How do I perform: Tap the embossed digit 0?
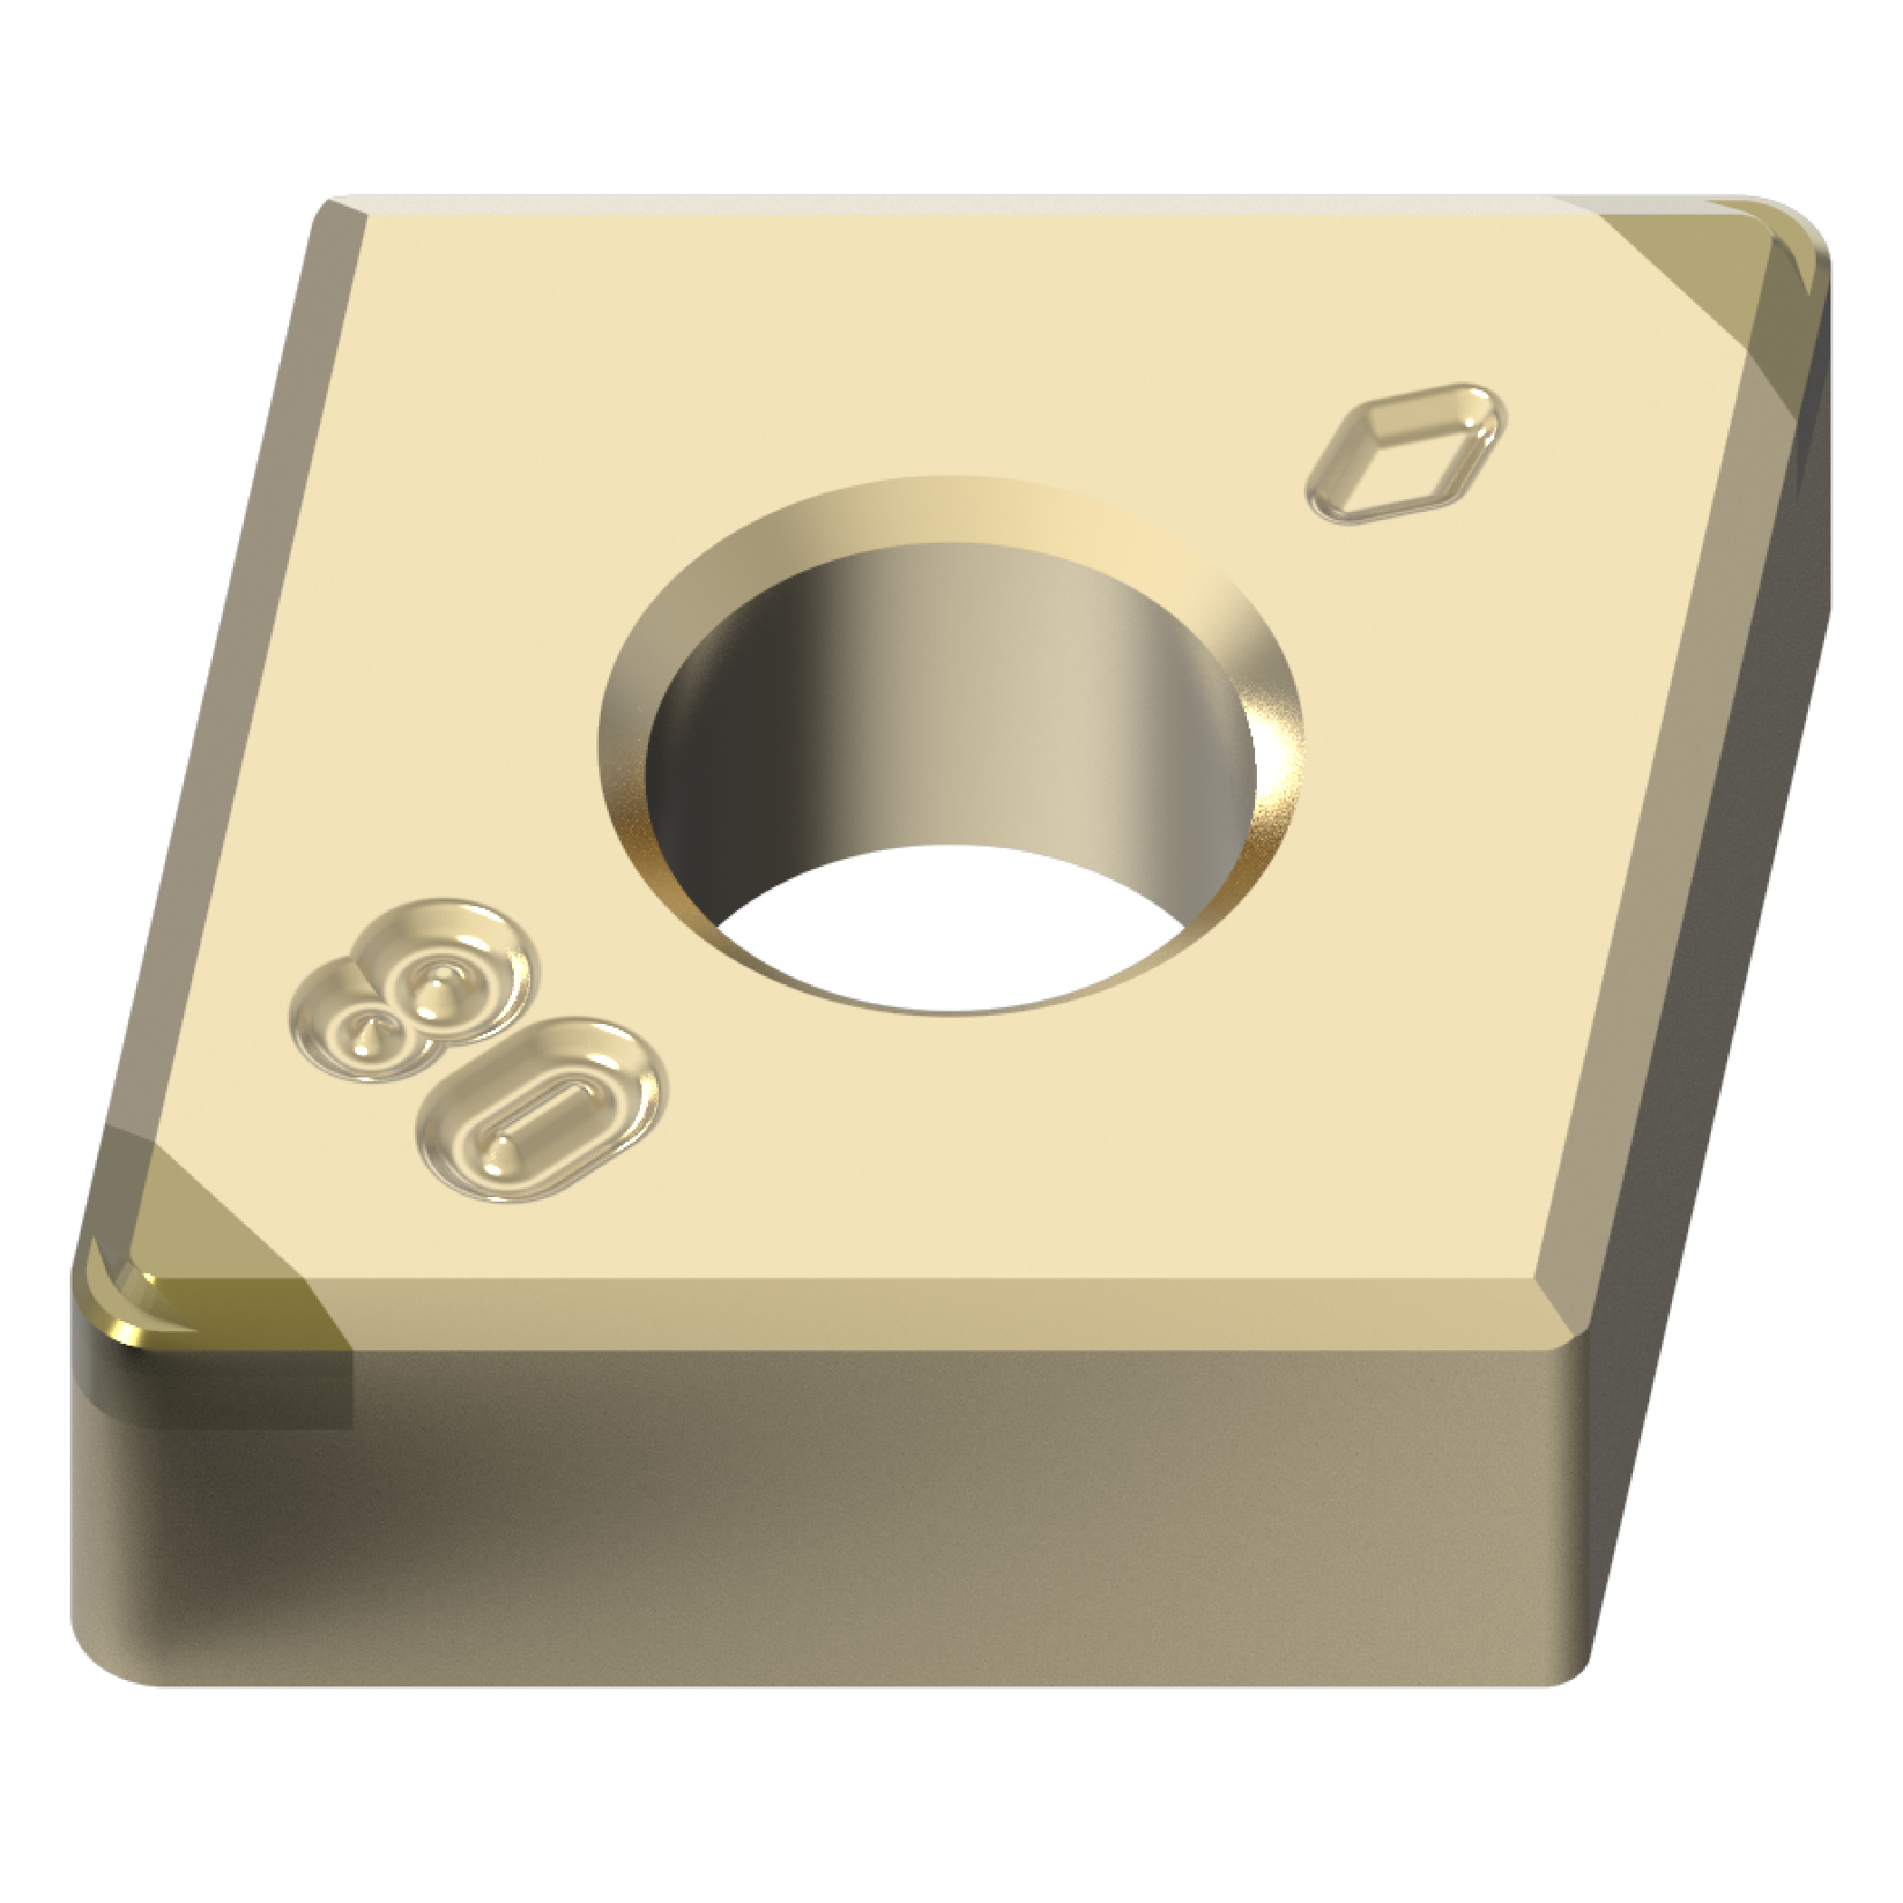coord(541,1108)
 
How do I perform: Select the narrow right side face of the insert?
coord(1734,886)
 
